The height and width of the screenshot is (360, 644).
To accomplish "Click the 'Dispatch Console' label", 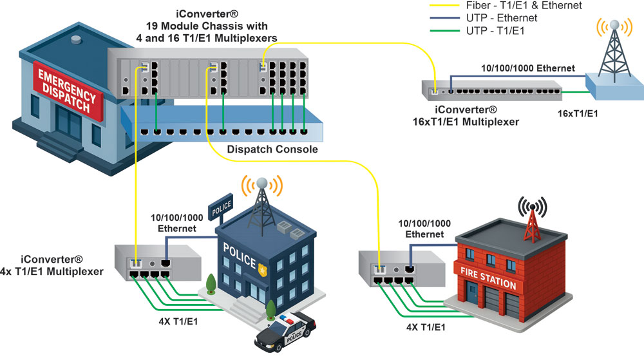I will [272, 149].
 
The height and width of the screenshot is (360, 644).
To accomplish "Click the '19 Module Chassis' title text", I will [213, 26].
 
